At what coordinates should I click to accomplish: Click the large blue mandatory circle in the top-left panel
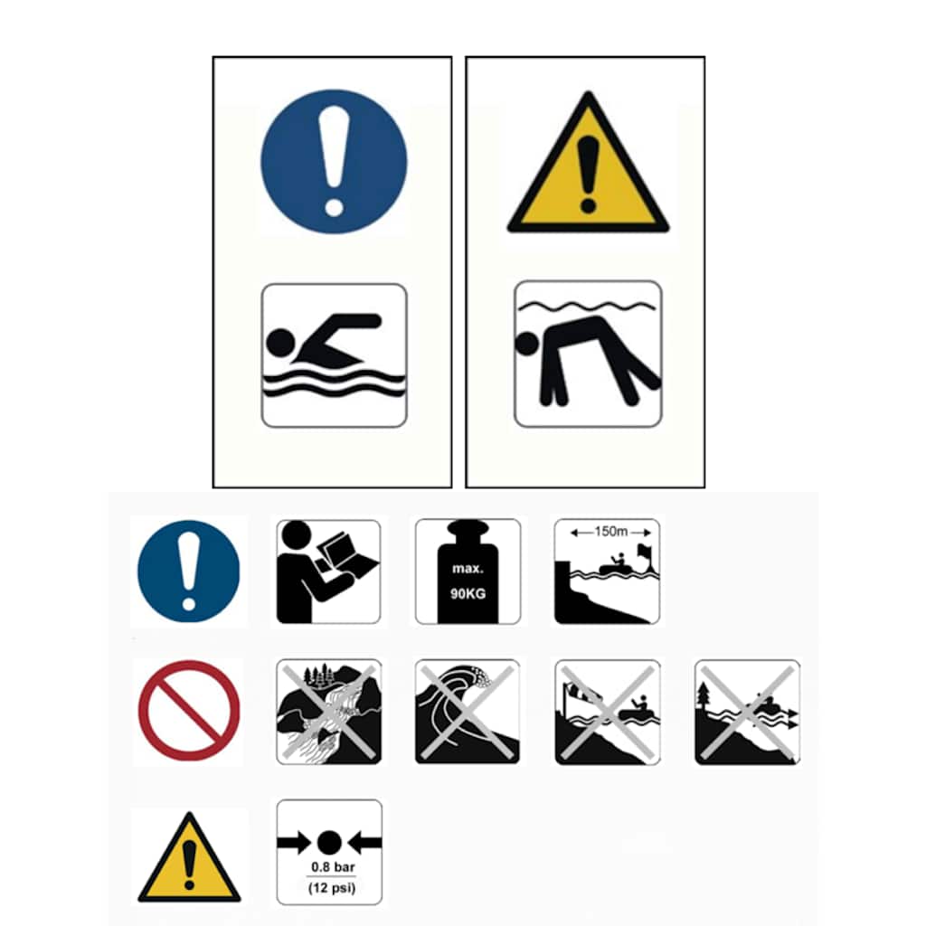point(334,162)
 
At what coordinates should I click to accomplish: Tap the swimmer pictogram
point(335,354)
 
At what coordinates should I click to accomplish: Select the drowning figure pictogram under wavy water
point(588,354)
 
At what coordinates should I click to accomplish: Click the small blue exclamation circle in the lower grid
point(189,572)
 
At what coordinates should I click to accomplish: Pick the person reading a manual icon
point(328,572)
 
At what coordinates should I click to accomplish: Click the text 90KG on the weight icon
point(468,593)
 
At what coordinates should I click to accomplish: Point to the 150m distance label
point(610,532)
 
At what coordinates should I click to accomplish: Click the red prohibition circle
point(189,711)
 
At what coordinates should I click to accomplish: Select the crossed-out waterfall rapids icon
point(328,712)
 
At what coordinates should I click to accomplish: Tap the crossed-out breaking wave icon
point(468,712)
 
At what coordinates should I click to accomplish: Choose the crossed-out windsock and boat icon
point(608,713)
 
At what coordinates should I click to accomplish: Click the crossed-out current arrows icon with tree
point(747,713)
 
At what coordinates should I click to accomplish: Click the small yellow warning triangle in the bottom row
point(189,857)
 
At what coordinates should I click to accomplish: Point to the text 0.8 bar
point(333,867)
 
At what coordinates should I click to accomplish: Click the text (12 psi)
point(332,888)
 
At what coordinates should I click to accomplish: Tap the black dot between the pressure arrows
point(329,843)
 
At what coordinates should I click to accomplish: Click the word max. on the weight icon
point(468,569)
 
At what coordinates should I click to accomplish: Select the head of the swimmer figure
point(280,343)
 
